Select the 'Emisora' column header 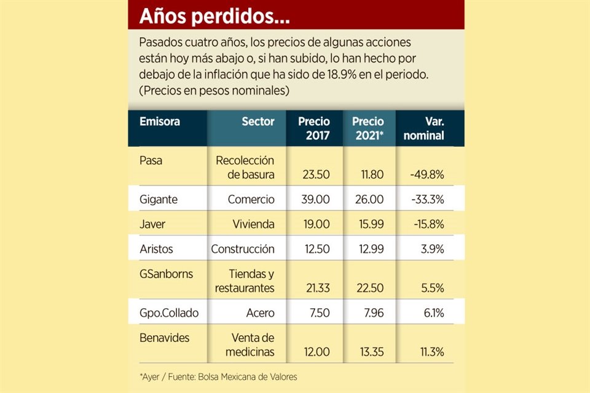click(x=160, y=122)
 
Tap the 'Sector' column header click(x=258, y=122)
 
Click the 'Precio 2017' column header click(x=314, y=128)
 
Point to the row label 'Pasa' click(x=152, y=160)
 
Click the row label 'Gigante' click(x=159, y=200)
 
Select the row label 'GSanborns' click(x=166, y=274)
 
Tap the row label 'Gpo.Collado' click(x=170, y=313)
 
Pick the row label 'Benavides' click(x=165, y=338)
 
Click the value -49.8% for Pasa click(x=426, y=174)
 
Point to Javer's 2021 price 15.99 click(x=369, y=224)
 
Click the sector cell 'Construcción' click(x=243, y=249)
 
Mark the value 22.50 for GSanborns click(x=369, y=288)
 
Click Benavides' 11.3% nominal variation click(x=430, y=352)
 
